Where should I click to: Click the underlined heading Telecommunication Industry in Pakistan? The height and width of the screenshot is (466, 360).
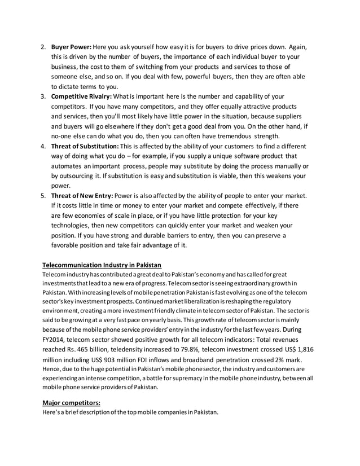pos(102,265)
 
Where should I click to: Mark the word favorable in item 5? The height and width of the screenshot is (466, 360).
pos(68,245)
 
